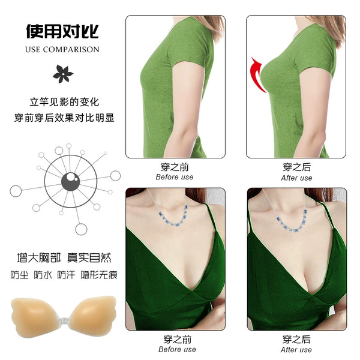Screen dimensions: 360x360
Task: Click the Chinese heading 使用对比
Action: [62, 31]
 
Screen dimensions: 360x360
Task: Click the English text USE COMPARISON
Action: [62, 49]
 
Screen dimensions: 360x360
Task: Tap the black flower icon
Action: [62, 74]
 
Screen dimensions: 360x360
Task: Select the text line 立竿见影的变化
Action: [64, 102]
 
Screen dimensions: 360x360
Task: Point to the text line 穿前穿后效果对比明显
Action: [64, 118]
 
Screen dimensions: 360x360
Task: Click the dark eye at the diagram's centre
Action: [70, 182]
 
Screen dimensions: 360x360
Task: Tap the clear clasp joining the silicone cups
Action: [64, 320]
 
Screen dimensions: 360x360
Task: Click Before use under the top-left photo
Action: [175, 177]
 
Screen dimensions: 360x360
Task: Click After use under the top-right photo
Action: [296, 178]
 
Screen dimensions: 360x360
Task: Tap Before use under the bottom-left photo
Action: [177, 349]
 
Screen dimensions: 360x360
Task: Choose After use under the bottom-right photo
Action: [296, 350]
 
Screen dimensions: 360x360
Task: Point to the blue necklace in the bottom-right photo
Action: [292, 220]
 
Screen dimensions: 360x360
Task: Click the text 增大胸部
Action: [39, 257]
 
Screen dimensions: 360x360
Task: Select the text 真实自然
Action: [89, 257]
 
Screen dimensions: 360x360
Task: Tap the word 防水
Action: [43, 275]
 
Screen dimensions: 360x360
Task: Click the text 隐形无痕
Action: [99, 275]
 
